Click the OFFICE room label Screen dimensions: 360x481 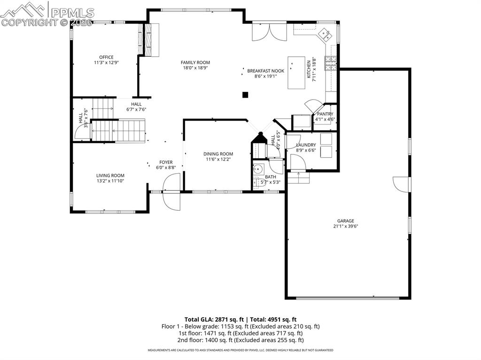click(106, 57)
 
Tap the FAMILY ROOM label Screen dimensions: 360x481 click(195, 62)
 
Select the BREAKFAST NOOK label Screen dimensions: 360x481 click(266, 71)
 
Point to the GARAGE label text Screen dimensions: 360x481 click(345, 221)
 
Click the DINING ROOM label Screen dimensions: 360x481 click(218, 154)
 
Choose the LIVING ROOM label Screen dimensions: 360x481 click(110, 176)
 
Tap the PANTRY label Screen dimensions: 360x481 click(325, 114)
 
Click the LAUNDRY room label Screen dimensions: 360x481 click(306, 145)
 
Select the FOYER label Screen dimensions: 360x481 click(166, 162)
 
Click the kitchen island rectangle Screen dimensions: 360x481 click(296, 73)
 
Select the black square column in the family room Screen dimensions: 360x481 click(245, 95)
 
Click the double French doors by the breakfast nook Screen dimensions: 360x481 click(269, 31)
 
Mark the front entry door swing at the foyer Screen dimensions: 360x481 click(171, 190)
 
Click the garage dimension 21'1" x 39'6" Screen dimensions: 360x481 click(345, 226)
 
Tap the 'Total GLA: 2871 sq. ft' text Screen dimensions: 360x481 click(210, 319)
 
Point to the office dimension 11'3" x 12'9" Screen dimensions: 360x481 click(106, 62)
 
